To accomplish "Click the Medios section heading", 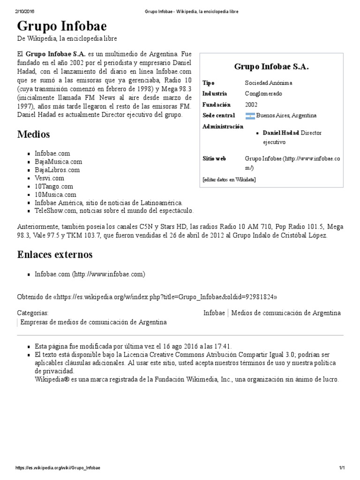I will tap(33, 135).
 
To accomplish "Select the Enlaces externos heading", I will tap(55, 255).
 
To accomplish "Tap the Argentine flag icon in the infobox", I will tap(250, 116).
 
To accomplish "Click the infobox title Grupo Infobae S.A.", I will tap(271, 67).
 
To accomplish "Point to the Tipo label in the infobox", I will tap(208, 83).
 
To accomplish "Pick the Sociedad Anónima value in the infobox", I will tap(268, 83).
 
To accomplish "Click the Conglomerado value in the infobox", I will tap(263, 94).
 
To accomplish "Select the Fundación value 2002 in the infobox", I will tap(251, 105).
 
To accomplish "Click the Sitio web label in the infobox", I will tap(214, 159).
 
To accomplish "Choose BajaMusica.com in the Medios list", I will tap(58, 162).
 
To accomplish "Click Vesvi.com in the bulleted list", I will tap(49, 178).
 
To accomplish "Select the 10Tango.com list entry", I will tap(54, 186).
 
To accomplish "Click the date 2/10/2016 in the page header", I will tap(26, 12).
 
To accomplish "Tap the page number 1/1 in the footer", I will tap(342, 468).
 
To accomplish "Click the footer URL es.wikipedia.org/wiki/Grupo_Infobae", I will tap(58, 468).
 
